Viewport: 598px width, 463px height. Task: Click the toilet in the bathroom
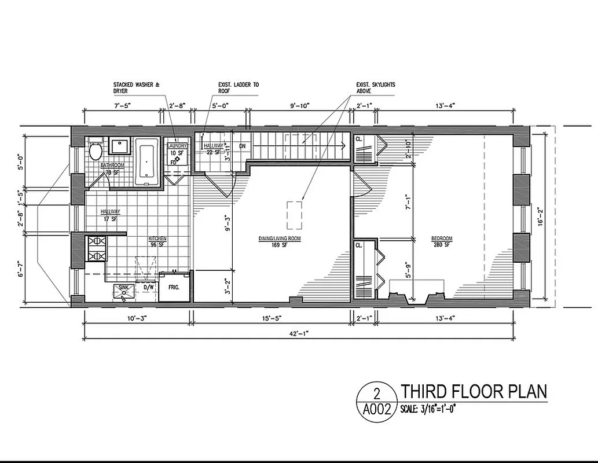(x=96, y=152)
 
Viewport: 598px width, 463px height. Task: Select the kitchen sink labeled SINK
(x=123, y=291)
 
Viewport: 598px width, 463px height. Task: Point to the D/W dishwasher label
(x=149, y=286)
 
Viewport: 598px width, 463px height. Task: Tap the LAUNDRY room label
(x=177, y=146)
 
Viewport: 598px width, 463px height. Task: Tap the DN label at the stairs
(x=243, y=146)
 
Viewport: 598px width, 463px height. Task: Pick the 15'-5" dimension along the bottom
(x=273, y=317)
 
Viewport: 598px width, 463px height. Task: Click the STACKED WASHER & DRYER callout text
(x=136, y=88)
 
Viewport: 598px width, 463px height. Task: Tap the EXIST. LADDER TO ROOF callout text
(x=239, y=88)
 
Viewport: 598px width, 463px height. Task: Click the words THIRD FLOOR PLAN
(x=474, y=392)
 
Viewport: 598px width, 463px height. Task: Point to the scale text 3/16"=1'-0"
(x=431, y=410)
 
